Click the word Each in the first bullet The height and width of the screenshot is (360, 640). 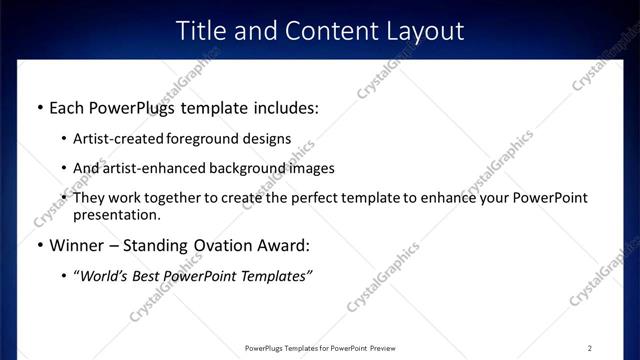click(68, 106)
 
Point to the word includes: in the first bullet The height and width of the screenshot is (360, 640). click(283, 106)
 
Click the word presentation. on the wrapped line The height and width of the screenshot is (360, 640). click(116, 214)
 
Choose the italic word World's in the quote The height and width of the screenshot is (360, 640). click(104, 276)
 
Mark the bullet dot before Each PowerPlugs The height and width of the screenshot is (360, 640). click(38, 107)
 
